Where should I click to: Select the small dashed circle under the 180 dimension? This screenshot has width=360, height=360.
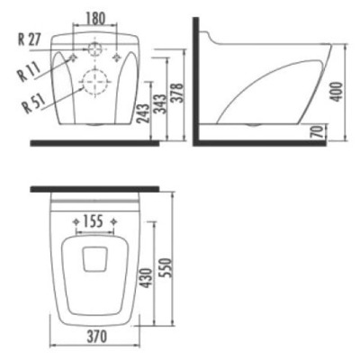[x=94, y=49]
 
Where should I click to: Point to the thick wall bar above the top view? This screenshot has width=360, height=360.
[x=95, y=189]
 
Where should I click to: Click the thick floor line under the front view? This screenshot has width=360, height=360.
[x=99, y=143]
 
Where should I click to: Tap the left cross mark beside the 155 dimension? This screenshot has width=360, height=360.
[x=72, y=220]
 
